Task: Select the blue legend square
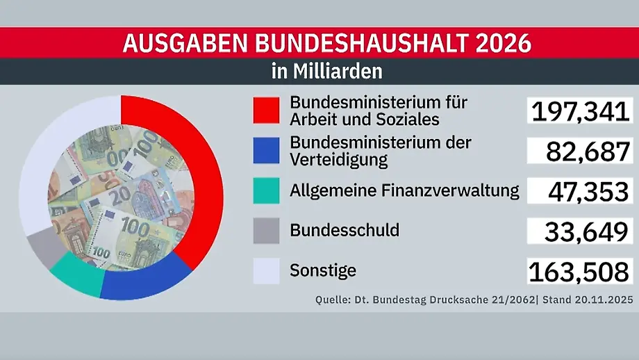(266, 151)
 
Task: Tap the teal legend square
(266, 190)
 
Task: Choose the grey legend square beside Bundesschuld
(266, 230)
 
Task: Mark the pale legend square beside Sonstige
(266, 270)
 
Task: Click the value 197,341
(580, 112)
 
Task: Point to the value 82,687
(587, 152)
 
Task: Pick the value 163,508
(580, 272)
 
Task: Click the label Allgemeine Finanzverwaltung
(404, 190)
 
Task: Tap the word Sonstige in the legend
(323, 270)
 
